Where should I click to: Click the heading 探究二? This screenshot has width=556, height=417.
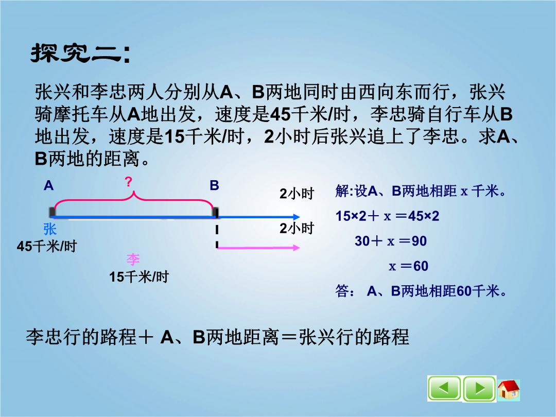(x=80, y=54)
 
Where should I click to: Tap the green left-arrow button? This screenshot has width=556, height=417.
(x=444, y=389)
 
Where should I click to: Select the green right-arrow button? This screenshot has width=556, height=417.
(x=479, y=389)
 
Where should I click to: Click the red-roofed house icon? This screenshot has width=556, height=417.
(x=509, y=389)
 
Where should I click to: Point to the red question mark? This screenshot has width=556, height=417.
(x=129, y=182)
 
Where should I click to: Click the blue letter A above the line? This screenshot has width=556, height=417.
(x=48, y=185)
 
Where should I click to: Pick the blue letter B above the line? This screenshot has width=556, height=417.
(x=214, y=185)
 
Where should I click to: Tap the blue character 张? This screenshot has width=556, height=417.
(x=50, y=229)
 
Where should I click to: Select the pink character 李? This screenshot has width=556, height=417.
(x=133, y=259)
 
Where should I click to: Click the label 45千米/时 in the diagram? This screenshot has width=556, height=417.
(x=47, y=246)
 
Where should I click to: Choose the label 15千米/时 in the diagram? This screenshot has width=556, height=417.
(x=139, y=277)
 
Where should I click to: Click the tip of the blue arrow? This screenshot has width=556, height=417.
(x=300, y=217)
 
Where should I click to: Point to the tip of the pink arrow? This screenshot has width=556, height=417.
(x=300, y=248)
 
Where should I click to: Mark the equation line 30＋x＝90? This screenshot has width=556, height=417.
(x=391, y=241)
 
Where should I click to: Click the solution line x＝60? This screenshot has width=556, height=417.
(x=408, y=266)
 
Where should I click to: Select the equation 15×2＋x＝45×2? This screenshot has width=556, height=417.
(x=388, y=216)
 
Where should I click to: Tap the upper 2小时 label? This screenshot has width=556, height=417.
(x=297, y=194)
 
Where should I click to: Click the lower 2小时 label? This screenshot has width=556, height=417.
(x=297, y=229)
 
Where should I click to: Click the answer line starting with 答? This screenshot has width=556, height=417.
(x=421, y=291)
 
